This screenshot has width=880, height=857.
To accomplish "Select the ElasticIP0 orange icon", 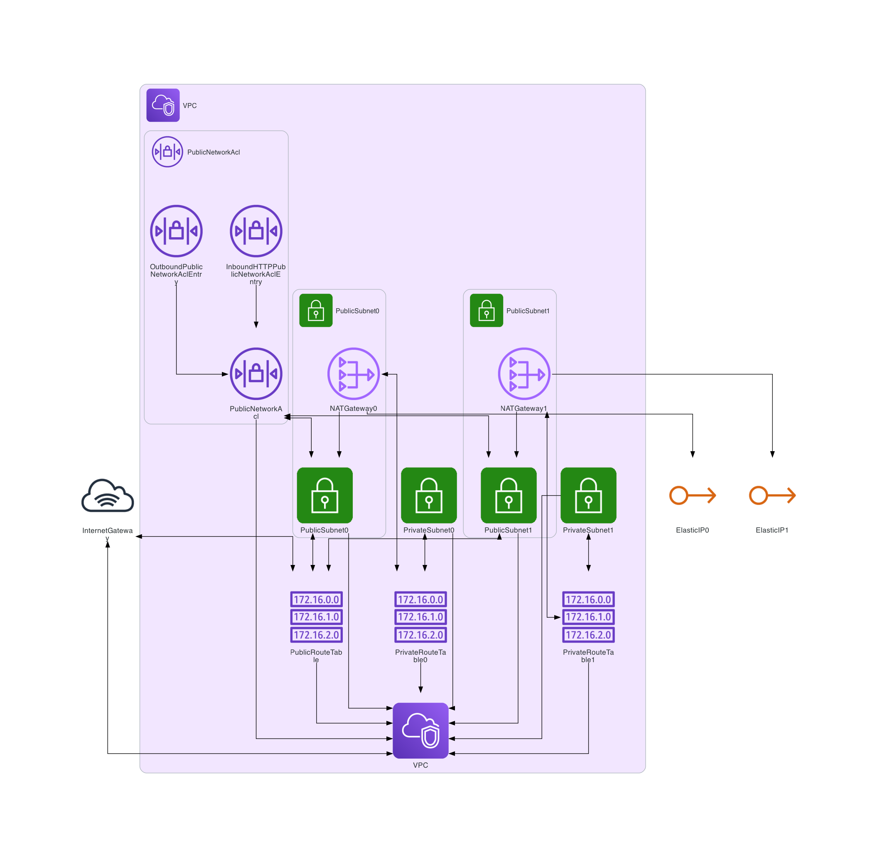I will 692,495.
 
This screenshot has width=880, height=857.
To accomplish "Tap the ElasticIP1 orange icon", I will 772,495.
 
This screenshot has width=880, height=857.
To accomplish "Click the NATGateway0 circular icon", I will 353,373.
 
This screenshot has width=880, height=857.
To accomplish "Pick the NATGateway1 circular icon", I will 524,373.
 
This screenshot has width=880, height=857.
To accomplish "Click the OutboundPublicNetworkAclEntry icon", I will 176,231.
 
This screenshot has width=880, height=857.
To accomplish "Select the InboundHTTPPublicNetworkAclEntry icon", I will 256,231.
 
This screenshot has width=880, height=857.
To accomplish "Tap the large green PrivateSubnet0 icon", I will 428,495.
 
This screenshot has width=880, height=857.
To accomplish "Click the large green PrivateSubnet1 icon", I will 588,495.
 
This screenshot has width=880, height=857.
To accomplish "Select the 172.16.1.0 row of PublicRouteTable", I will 316,616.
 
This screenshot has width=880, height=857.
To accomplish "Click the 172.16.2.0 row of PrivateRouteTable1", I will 588,635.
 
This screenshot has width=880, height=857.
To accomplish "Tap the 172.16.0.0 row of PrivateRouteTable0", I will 420,599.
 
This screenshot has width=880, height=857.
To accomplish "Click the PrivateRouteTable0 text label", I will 420,656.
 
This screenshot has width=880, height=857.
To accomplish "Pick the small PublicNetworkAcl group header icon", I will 167,152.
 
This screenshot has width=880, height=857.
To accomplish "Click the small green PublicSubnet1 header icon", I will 486,310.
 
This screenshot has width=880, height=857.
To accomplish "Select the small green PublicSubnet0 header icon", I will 315,310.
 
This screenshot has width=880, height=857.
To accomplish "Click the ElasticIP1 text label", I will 772,530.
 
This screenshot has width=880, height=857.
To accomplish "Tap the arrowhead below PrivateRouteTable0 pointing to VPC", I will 420,690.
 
